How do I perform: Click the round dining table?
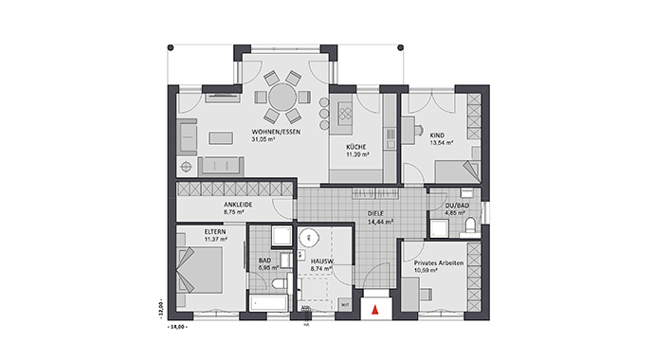click(282, 98)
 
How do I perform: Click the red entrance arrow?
click(376, 308)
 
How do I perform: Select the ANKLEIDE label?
click(238, 204)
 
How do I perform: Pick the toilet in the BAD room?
click(276, 284)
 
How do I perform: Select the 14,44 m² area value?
click(380, 222)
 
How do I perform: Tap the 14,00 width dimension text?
click(176, 326)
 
